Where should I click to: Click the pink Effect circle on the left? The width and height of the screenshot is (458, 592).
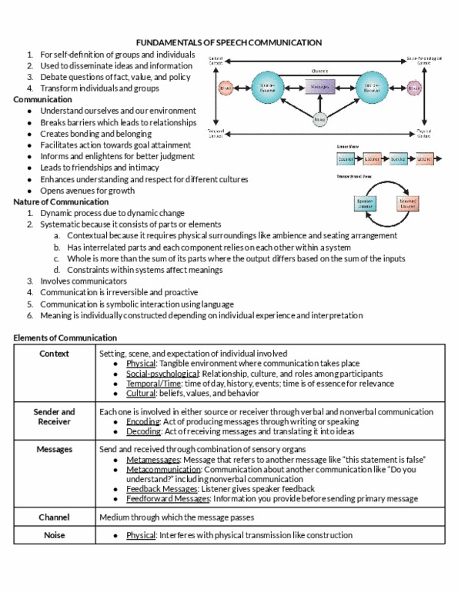click(225, 88)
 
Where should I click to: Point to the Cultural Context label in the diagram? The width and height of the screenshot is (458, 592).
click(217, 60)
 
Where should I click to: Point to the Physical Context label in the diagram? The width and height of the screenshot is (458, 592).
click(423, 133)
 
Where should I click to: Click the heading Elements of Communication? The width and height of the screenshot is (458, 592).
click(65, 338)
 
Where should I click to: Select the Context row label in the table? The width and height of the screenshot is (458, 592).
click(54, 354)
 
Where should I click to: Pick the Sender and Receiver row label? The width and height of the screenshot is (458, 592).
click(54, 417)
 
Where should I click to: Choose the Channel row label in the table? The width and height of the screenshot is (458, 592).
click(54, 517)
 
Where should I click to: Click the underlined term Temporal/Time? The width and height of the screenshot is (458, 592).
click(154, 383)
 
